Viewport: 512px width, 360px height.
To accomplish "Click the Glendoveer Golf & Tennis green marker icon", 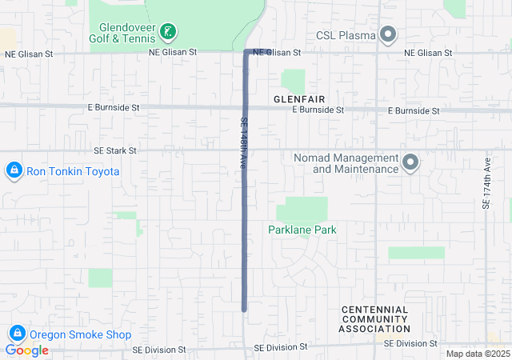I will point(168,32).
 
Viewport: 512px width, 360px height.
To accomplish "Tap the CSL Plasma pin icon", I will point(388,34).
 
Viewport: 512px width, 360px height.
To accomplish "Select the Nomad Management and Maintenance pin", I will point(410,163).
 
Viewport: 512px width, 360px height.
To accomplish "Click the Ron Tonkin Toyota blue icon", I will point(14,171).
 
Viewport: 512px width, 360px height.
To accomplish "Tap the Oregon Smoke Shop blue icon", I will point(16,334).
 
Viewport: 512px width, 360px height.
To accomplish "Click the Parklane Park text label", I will point(302,230).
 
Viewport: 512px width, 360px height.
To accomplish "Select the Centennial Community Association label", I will point(374,319).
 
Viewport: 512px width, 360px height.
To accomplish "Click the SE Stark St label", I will point(115,150).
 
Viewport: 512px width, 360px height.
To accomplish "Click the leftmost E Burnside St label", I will point(114,106).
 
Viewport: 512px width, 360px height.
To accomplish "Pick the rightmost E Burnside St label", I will point(414,110).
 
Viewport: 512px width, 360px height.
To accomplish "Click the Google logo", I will point(27,350).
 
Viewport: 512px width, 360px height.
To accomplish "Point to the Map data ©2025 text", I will point(477,354).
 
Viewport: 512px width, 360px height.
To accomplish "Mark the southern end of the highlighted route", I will point(244,309).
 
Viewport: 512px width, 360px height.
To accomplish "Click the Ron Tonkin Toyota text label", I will point(74,171).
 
